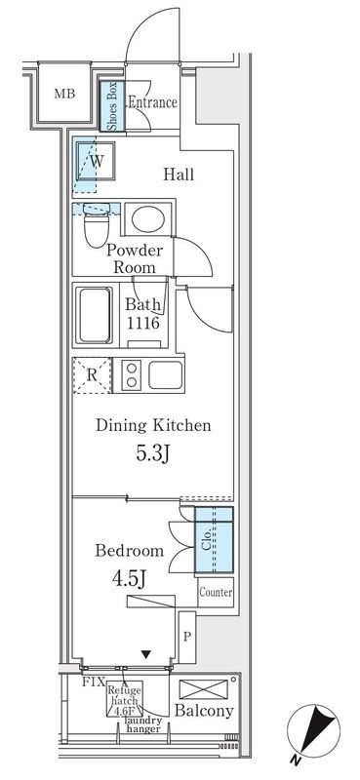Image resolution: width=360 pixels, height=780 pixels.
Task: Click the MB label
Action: click(64, 94)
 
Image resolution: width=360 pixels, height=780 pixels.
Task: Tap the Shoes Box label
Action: click(111, 106)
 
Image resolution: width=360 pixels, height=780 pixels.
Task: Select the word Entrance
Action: click(153, 102)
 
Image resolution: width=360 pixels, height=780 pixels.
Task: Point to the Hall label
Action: click(179, 175)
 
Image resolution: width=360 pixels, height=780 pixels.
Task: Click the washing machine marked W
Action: click(97, 161)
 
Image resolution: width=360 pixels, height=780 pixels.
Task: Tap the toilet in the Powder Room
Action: click(97, 225)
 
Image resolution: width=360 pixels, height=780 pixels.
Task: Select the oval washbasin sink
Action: click(148, 218)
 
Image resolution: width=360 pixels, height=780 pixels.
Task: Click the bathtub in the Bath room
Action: click(95, 315)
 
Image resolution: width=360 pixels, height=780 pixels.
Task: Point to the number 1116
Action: click(142, 324)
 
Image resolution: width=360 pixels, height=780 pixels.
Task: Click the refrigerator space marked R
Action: click(92, 375)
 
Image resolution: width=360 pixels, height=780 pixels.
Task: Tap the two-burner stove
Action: click(132, 375)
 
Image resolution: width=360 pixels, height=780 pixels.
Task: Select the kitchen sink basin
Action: click(165, 374)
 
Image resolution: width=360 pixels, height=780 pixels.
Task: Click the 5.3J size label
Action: click(153, 454)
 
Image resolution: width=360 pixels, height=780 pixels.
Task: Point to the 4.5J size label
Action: click(129, 578)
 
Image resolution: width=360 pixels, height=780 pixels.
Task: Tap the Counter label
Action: click(216, 592)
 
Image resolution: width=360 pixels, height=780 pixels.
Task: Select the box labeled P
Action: click(187, 638)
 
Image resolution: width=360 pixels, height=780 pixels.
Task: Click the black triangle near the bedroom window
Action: click(146, 654)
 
